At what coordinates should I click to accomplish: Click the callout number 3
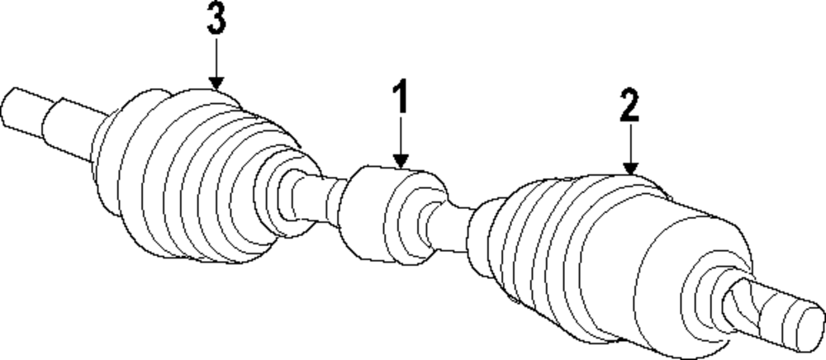point(216,22)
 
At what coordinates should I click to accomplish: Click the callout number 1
point(400,97)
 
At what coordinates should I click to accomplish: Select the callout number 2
point(629,106)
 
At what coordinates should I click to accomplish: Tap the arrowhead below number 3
point(216,82)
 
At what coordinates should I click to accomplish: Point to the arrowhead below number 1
point(401,162)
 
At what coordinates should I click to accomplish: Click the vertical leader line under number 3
point(216,58)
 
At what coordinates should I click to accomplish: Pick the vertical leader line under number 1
point(401,136)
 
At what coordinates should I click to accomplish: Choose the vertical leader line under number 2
point(630,144)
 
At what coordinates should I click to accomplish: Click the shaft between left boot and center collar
point(318,198)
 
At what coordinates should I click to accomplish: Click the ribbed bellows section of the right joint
point(537,248)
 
